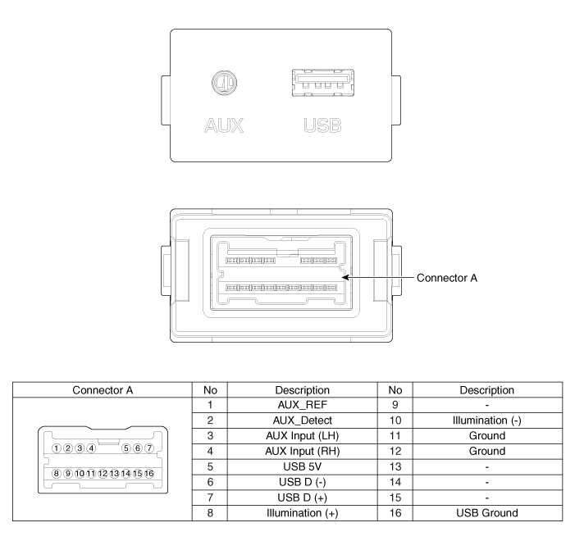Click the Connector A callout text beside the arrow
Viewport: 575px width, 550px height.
click(x=448, y=278)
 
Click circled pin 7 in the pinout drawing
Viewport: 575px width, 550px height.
click(x=149, y=448)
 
